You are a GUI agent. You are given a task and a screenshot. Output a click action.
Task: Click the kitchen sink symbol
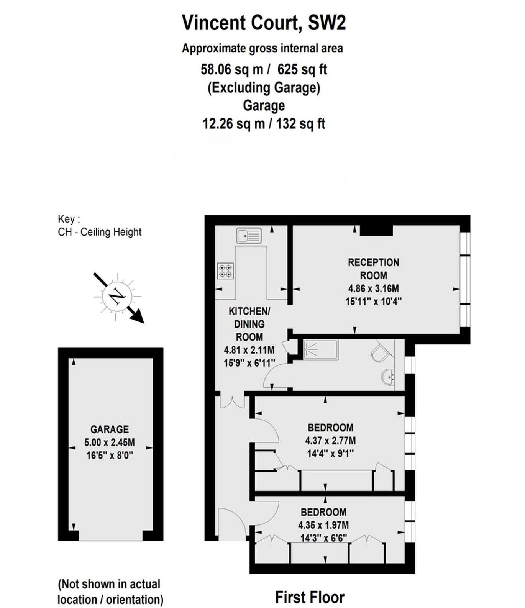click(249, 235)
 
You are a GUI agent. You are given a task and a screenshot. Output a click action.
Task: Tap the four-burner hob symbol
click(226, 271)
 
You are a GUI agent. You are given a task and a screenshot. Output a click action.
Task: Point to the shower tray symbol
click(321, 349)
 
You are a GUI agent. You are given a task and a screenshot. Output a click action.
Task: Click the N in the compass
click(117, 297)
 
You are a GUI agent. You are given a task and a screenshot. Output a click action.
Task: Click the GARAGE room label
click(110, 429)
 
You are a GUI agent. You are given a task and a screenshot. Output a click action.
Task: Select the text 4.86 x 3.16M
click(373, 288)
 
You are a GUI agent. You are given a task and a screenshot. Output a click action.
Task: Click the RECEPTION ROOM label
click(373, 269)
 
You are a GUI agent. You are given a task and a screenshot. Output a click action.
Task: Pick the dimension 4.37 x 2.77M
click(330, 441)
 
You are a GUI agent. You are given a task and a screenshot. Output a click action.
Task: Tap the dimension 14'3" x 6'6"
click(324, 538)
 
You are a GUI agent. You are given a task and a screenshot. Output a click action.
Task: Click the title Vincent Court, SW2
click(264, 22)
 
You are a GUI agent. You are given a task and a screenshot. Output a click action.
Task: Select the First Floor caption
click(310, 597)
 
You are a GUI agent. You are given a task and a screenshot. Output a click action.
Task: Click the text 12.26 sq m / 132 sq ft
click(264, 124)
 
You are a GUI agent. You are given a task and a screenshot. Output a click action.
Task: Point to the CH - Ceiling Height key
click(100, 232)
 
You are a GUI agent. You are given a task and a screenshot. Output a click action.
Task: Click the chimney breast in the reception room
click(376, 230)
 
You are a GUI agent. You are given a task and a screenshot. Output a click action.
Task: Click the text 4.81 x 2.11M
click(249, 350)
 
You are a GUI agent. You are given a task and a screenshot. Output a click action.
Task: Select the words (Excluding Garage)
click(264, 88)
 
